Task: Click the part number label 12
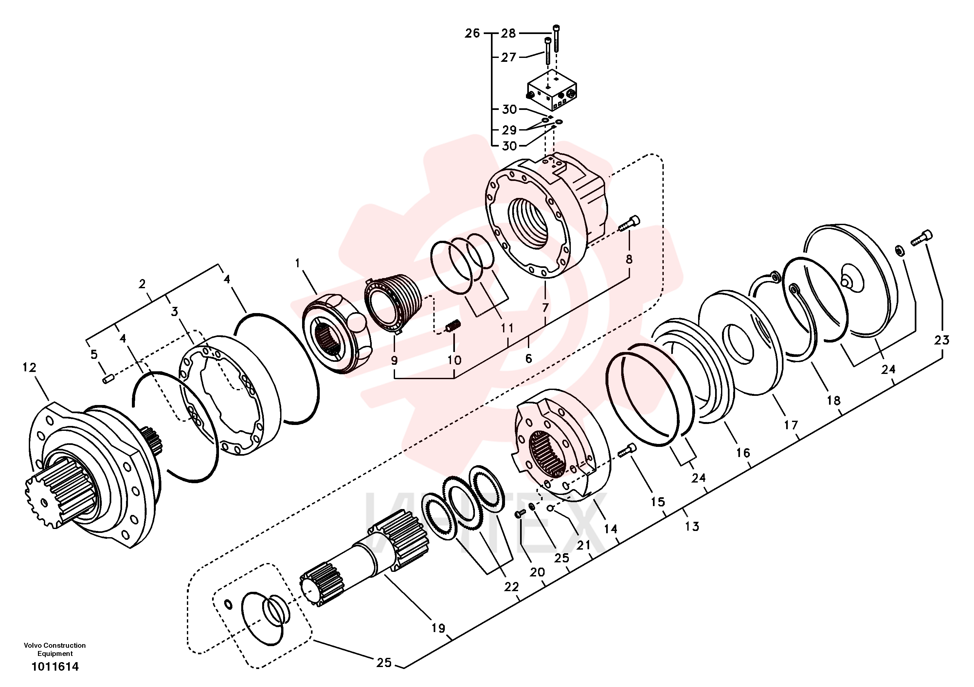(29, 367)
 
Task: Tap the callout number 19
(438, 628)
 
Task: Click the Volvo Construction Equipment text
(55, 650)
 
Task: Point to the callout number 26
(472, 33)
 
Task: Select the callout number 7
(546, 308)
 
